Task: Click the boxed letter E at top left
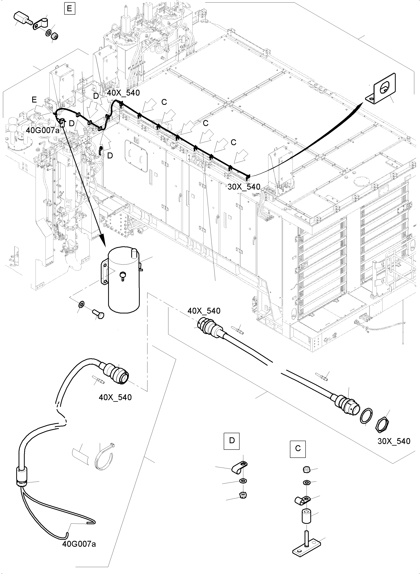click(x=69, y=9)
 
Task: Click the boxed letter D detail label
click(x=232, y=440)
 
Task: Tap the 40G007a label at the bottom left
click(x=79, y=544)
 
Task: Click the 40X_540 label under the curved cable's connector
click(x=115, y=397)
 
